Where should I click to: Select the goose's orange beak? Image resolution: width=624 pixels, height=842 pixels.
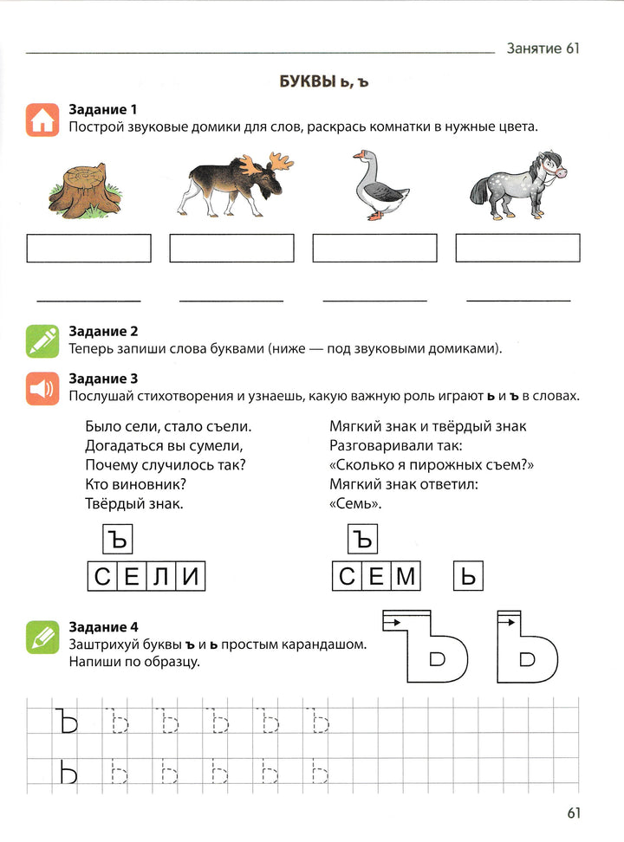point(358,157)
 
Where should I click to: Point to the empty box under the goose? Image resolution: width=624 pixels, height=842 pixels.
point(374,248)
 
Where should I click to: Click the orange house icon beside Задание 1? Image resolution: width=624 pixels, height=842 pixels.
point(42,120)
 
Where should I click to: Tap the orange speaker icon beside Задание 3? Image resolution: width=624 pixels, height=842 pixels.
point(42,389)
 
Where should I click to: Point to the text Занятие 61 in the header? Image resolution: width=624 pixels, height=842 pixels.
point(543,49)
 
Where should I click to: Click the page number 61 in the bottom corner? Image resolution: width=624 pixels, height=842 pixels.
point(573,813)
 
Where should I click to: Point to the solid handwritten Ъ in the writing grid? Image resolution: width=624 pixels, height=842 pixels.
point(66,722)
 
